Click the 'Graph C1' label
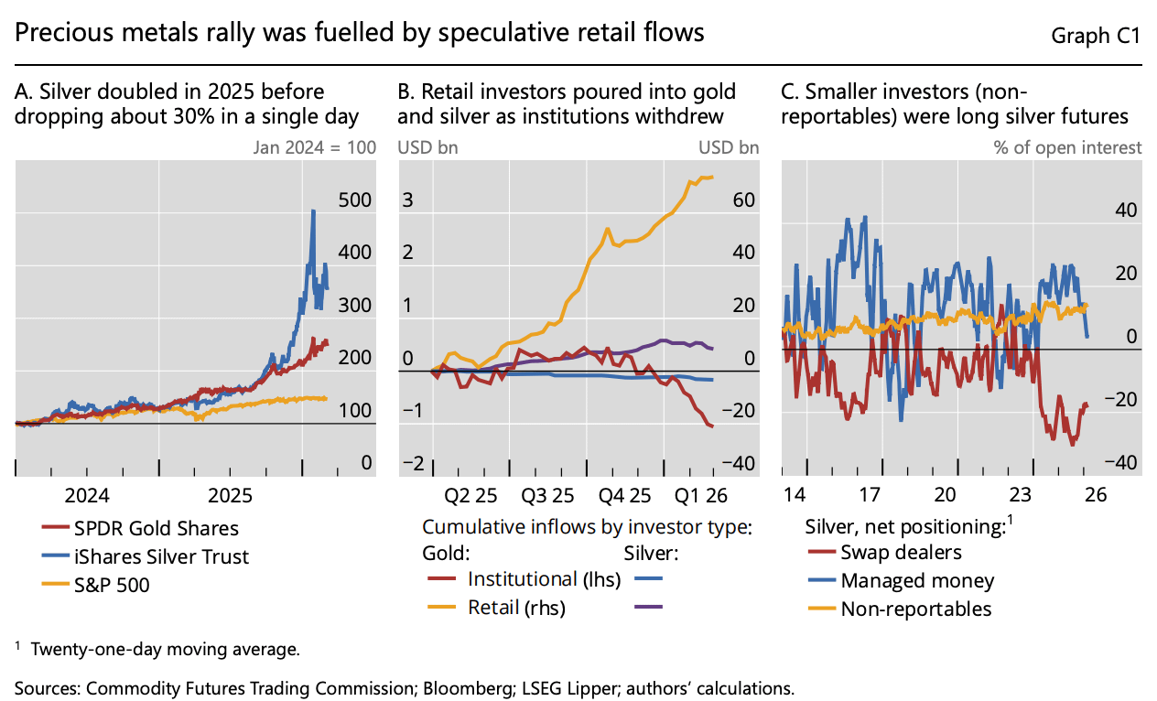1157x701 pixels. [1095, 36]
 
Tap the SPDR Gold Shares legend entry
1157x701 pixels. [140, 528]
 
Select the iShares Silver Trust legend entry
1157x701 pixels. [146, 556]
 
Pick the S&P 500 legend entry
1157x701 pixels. [96, 585]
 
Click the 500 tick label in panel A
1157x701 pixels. [355, 200]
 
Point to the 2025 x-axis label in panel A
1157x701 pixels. [230, 495]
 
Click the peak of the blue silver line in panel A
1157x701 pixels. [313, 210]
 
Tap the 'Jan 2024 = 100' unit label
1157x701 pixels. [315, 147]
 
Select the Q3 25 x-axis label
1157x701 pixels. [547, 496]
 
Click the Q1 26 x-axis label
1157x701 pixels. [701, 496]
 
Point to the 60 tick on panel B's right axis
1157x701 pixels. [744, 200]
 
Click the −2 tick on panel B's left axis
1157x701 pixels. [413, 463]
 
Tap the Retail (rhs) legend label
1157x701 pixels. [516, 608]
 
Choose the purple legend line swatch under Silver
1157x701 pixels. [649, 607]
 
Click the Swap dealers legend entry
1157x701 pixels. [885, 552]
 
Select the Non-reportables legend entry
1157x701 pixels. [900, 609]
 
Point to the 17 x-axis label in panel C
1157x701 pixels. [870, 495]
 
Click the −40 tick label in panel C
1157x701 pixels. [1120, 462]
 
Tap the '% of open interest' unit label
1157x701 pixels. [1067, 147]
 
